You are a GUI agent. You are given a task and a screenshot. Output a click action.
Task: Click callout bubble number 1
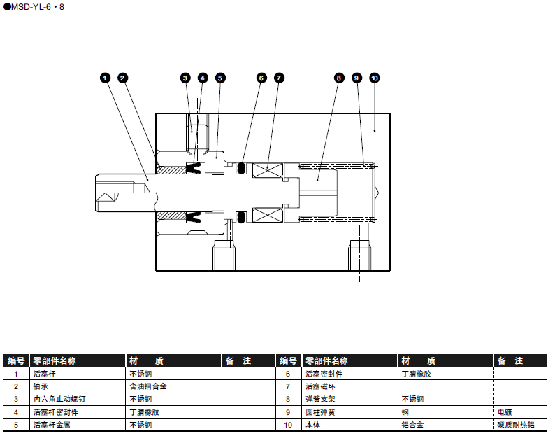pos(105,78)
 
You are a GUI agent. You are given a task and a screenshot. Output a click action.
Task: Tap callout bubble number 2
pos(122,78)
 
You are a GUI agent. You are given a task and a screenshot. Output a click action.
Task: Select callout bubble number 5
pos(220,78)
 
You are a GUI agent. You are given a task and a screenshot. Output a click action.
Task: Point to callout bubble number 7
pos(279,78)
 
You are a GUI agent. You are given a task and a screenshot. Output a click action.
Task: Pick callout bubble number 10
pos(374,78)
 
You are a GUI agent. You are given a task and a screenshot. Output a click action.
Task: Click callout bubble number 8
pos(339,78)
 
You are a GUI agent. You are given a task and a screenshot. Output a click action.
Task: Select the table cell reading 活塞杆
pos(45,374)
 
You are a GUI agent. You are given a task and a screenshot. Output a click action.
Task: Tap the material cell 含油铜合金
pos(148,386)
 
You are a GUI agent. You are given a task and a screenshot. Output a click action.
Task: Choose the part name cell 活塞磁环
pos(319,386)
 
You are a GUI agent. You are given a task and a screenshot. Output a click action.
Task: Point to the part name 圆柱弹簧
pos(319,412)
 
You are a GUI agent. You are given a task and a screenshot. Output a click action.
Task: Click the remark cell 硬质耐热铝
pos(515,424)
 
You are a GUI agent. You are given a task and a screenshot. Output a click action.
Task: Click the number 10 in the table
pos(287,424)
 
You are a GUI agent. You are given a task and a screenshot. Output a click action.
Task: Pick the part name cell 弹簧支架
pos(319,399)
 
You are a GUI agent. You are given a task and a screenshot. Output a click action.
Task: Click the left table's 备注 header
pos(238,361)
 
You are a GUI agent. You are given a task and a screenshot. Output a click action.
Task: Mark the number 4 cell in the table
pos(15,412)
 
